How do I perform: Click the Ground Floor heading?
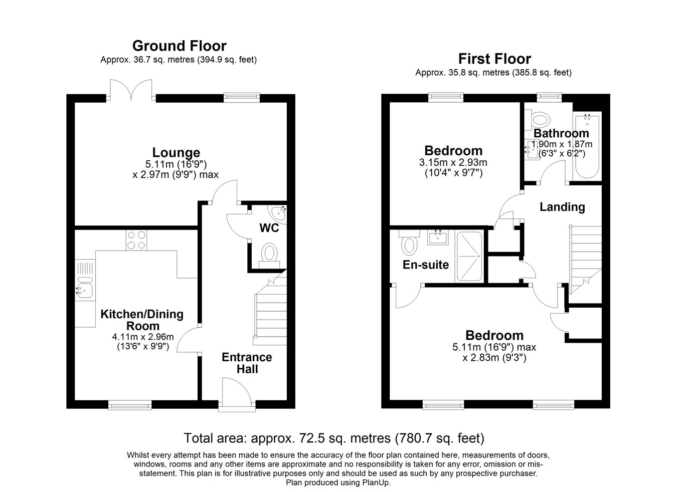point(179,46)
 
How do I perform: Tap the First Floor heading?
point(494,59)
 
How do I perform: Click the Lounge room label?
point(176,152)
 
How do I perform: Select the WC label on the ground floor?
point(269,228)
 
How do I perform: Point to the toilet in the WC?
point(269,255)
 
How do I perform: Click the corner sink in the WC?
point(277,213)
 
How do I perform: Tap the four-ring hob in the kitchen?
point(136,240)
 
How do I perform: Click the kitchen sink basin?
point(85,291)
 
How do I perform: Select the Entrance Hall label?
point(247,363)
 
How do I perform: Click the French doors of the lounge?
point(131,89)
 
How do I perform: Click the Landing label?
point(562,207)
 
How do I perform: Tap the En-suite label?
point(426,265)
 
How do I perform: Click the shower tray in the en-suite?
point(469,256)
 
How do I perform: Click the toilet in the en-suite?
point(409,242)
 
